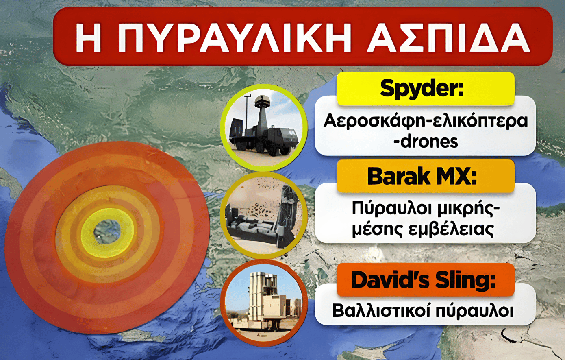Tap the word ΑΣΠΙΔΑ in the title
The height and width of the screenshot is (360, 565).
448,37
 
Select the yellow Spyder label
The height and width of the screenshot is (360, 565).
426,89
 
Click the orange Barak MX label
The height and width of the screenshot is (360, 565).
426,176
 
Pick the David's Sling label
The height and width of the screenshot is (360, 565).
426,280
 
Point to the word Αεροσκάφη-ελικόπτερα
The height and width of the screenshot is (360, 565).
425,121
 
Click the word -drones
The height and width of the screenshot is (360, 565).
426,142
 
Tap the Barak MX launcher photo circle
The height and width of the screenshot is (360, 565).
264,215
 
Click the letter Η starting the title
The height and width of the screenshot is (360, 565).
89,37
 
